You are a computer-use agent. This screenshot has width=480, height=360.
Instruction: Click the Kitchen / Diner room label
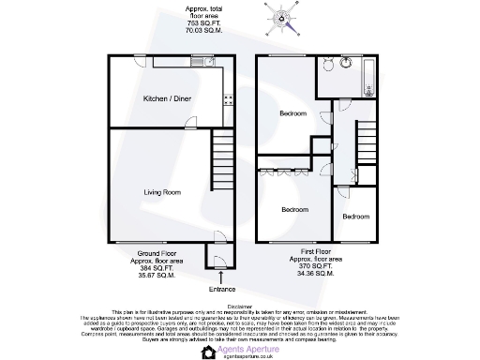point(161,98)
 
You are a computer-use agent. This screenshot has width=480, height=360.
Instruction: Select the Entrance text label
point(222,289)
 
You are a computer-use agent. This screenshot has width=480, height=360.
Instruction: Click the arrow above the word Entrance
point(222,276)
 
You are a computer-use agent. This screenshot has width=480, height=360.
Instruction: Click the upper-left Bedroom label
point(293,114)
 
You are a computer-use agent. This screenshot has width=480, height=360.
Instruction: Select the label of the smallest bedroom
point(355,217)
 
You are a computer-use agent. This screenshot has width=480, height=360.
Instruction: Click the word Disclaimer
point(239,305)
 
